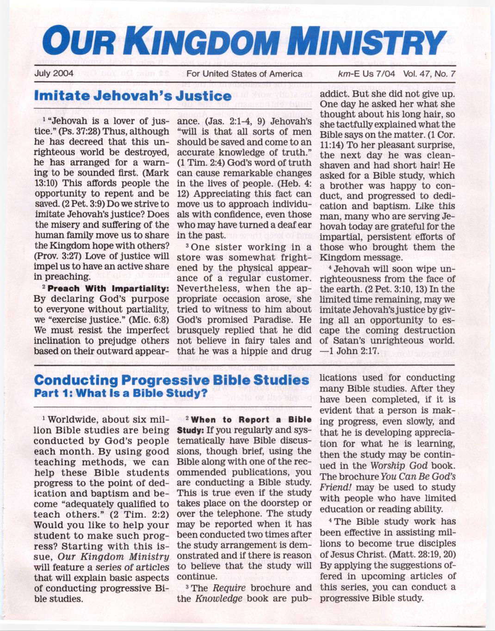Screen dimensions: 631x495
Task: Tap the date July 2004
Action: tap(54, 74)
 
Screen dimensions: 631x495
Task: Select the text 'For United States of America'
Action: tap(244, 74)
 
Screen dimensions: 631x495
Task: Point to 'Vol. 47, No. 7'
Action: tap(429, 74)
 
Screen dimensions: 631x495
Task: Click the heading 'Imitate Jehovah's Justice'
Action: tap(133, 96)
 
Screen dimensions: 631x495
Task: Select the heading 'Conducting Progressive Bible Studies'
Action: tap(172, 380)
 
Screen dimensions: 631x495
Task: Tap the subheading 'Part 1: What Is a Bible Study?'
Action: tap(120, 393)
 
